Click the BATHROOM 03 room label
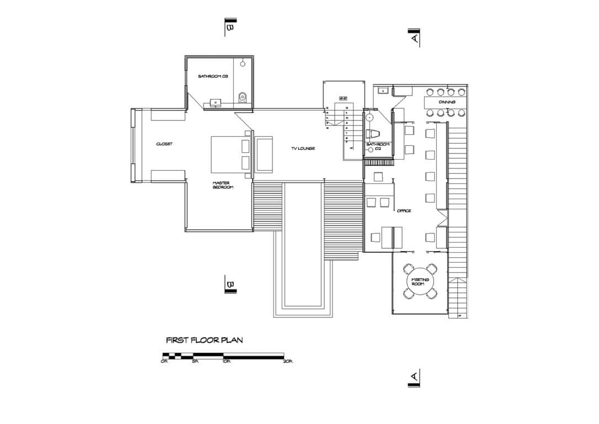[213, 76]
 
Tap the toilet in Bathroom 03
[242, 98]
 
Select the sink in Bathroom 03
[215, 103]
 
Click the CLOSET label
[164, 144]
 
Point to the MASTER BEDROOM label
[223, 185]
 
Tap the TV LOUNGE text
[303, 149]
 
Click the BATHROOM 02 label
[378, 147]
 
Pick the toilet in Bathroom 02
[374, 133]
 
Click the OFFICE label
[404, 211]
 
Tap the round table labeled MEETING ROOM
[420, 282]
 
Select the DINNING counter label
[447, 103]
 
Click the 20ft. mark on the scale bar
[288, 362]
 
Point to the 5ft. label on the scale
[195, 362]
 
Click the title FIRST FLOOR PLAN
[204, 340]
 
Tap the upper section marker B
[231, 26]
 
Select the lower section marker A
[414, 378]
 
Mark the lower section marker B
[230, 285]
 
